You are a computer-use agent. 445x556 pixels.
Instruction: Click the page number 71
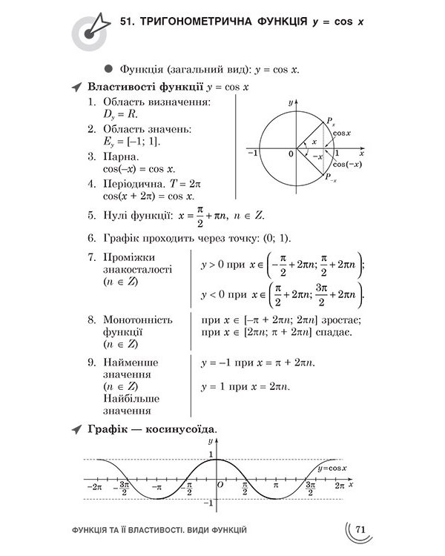361,529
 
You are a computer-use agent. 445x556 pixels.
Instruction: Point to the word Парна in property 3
119,157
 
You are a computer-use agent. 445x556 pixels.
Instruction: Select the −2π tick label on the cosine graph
94,486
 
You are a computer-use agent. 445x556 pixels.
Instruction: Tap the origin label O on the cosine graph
220,485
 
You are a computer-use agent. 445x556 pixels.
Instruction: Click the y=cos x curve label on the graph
332,469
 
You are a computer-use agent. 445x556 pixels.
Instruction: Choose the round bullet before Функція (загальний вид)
108,68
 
